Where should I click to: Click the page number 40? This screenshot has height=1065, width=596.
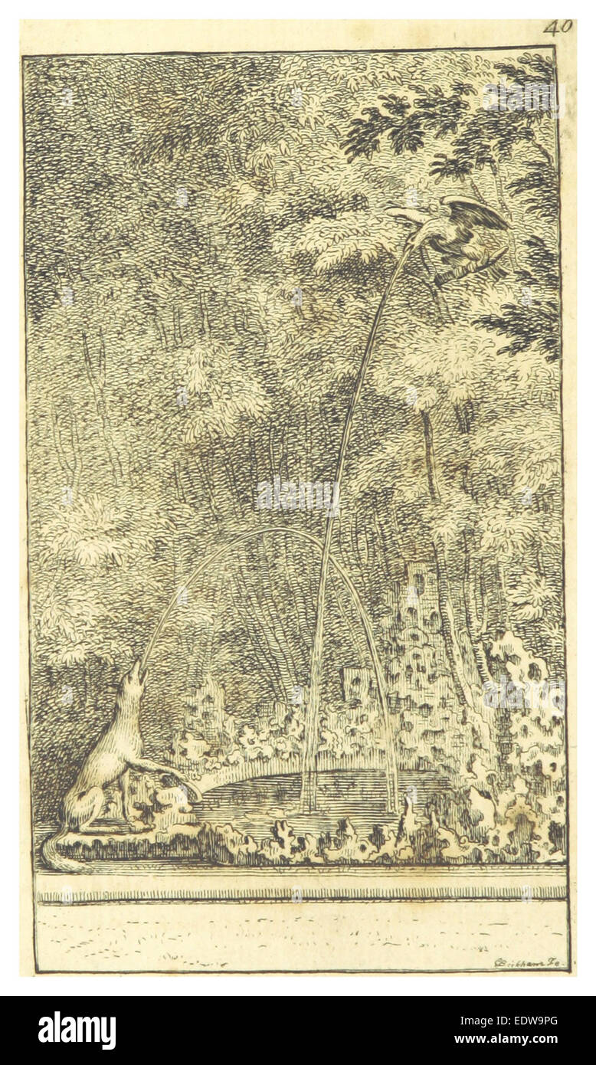(558, 28)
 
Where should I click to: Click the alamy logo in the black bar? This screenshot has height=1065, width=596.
(77, 1031)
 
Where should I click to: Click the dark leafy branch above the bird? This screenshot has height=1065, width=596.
(398, 123)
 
